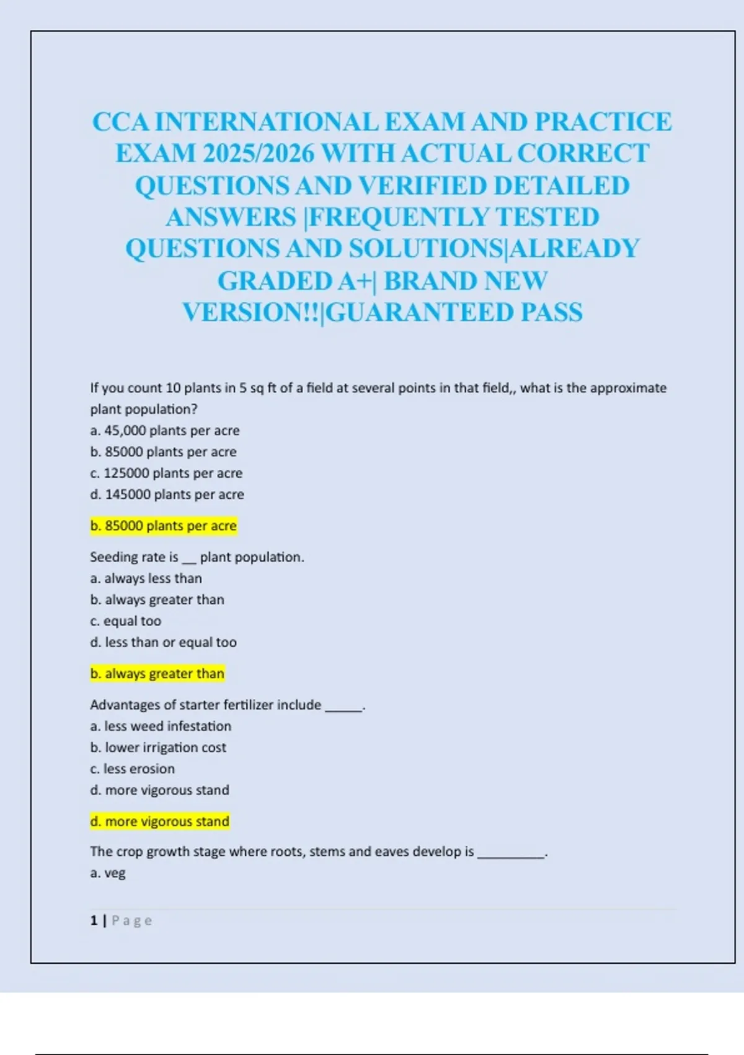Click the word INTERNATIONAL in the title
[267, 122]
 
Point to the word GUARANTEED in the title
[419, 312]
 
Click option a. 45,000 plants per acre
[165, 431]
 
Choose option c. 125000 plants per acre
[166, 474]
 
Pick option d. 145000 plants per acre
[167, 495]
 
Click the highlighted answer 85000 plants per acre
[164, 526]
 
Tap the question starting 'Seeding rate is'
[197, 557]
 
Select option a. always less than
[146, 578]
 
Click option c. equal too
[126, 621]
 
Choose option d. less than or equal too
[164, 642]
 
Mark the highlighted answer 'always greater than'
[157, 674]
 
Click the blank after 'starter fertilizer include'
[343, 706]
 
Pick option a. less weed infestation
[161, 726]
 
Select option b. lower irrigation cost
[158, 748]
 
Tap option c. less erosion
[133, 769]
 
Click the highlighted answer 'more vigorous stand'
[160, 822]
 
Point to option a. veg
[108, 873]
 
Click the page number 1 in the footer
[94, 921]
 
